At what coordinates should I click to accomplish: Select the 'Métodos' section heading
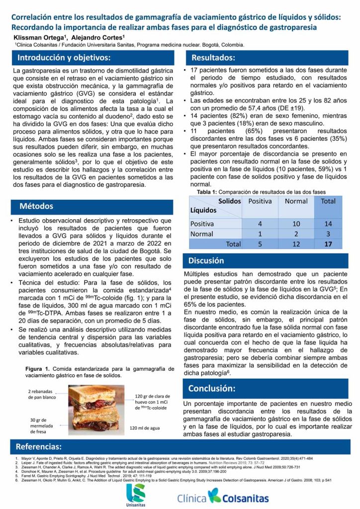(37, 206)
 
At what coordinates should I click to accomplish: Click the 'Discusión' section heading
(206, 260)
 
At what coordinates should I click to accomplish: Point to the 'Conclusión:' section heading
(212, 388)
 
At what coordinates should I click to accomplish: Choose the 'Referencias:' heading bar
(39, 446)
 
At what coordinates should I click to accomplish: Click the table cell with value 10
(296, 224)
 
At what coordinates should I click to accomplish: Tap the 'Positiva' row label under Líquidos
(202, 224)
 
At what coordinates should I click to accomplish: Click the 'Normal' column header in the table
(296, 201)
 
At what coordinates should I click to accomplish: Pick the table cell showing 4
(260, 224)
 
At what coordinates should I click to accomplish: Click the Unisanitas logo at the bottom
(135, 493)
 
